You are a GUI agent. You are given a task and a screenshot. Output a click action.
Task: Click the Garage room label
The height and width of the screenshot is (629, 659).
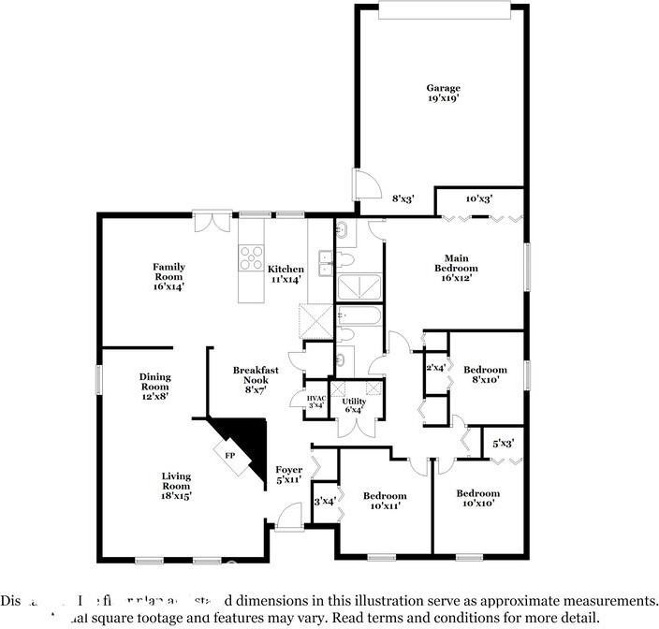(x=443, y=88)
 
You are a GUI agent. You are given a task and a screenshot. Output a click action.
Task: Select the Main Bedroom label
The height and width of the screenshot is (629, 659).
(x=456, y=263)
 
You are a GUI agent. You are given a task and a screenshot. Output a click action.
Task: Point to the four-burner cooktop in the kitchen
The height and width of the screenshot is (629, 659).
(x=251, y=257)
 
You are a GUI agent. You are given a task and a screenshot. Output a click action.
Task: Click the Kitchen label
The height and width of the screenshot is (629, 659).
(x=286, y=269)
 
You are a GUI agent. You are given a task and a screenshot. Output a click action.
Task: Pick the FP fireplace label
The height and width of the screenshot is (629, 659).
(x=230, y=455)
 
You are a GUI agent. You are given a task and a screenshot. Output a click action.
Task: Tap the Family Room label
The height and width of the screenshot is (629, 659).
(x=168, y=271)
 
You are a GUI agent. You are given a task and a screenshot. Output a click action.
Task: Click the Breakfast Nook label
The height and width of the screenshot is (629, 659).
(x=256, y=375)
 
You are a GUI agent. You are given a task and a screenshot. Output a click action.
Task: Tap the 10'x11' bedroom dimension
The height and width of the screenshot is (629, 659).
(x=385, y=506)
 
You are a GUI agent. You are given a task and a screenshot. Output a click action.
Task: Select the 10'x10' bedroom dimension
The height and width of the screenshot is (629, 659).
(x=477, y=504)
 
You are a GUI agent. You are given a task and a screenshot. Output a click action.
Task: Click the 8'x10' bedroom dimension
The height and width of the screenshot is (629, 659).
(x=485, y=380)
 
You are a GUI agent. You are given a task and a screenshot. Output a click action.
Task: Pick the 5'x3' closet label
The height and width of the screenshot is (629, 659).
(x=502, y=442)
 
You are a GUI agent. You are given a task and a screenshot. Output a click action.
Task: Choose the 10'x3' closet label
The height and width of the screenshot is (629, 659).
(x=479, y=198)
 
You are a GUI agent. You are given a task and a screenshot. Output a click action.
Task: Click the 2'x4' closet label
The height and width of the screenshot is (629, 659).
(x=436, y=367)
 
